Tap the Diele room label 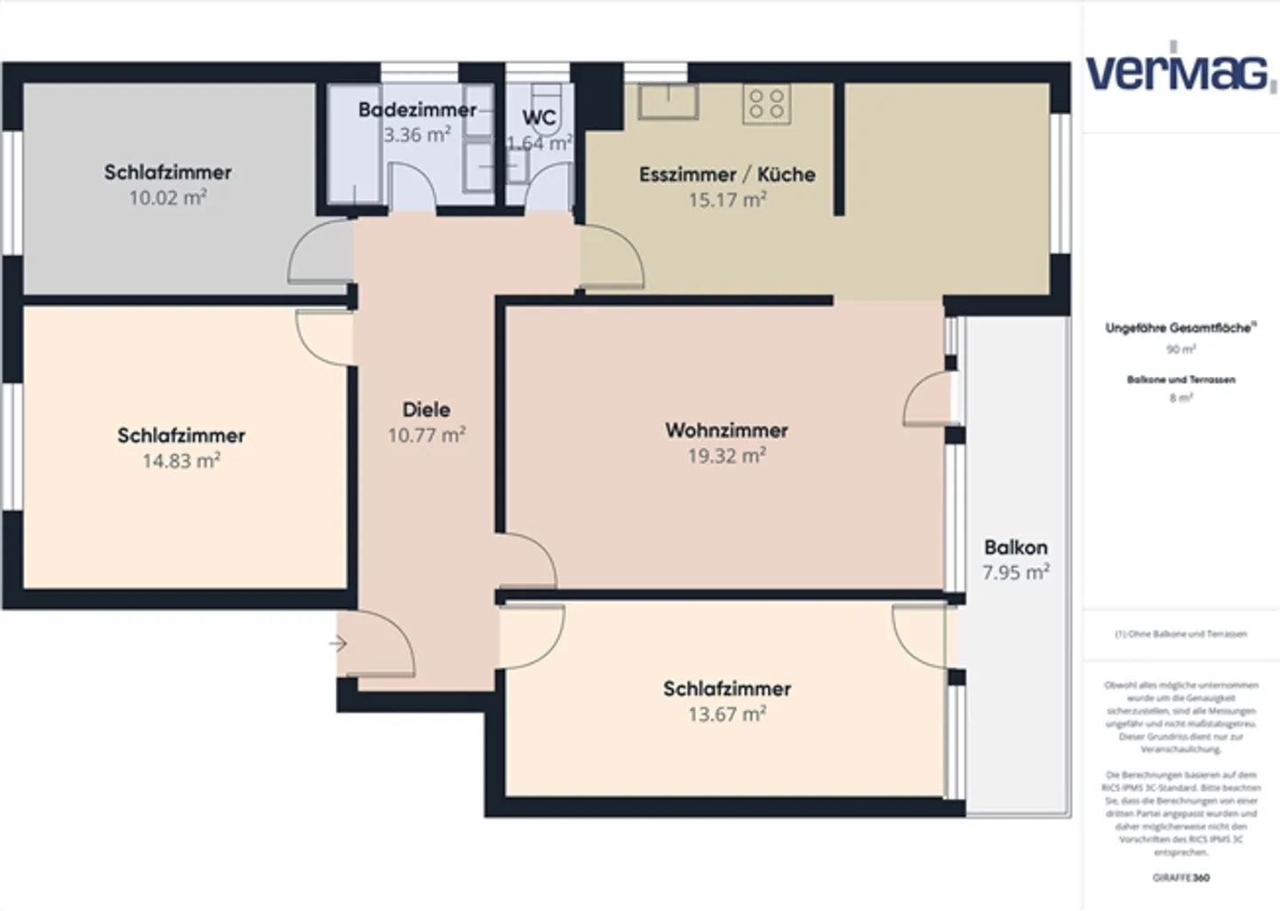tap(426, 410)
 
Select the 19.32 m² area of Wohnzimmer tap(726, 456)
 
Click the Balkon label tap(1015, 547)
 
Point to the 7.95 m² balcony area tap(1015, 572)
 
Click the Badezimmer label tap(417, 110)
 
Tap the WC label tap(539, 117)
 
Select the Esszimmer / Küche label tap(726, 174)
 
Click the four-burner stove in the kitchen tap(766, 103)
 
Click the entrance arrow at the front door tap(338, 643)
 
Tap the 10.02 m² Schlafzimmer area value tap(167, 198)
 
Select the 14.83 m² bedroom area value tap(180, 461)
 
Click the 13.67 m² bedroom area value tap(726, 714)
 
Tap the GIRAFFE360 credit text tap(1180, 878)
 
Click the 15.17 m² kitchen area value tap(726, 200)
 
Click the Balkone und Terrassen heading tap(1180, 380)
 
